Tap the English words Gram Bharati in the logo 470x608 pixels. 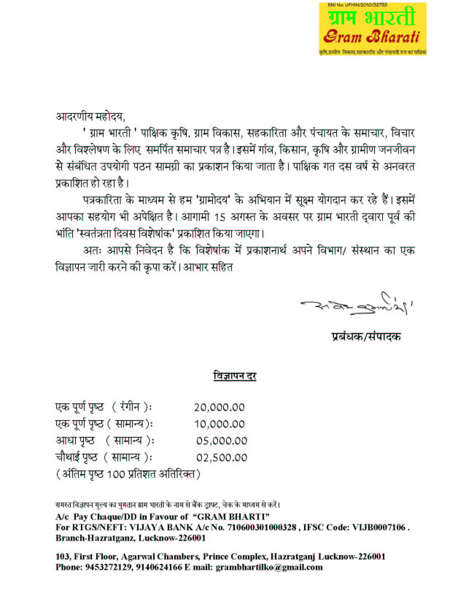coord(371,37)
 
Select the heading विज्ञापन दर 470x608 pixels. coord(235,376)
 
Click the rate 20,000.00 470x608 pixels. coord(219,407)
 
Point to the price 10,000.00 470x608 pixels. coord(220,424)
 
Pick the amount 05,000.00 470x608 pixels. coord(221,441)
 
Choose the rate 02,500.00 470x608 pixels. coord(221,457)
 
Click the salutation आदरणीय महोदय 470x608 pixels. coord(90,117)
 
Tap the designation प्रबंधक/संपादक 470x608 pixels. coord(366,337)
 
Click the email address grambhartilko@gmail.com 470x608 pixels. coord(269,567)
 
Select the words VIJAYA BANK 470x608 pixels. coord(161,527)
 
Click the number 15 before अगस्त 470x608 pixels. coord(220,217)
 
